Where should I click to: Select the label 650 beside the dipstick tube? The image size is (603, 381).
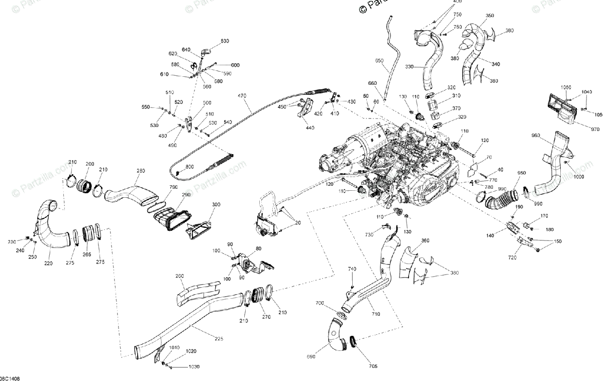379,61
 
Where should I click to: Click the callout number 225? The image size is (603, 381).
219,339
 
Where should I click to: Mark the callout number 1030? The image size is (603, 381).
194,367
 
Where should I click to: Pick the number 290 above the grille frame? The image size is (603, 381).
172,194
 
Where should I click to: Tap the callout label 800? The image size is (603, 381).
189,167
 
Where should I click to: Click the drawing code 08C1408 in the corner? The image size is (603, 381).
10,377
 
